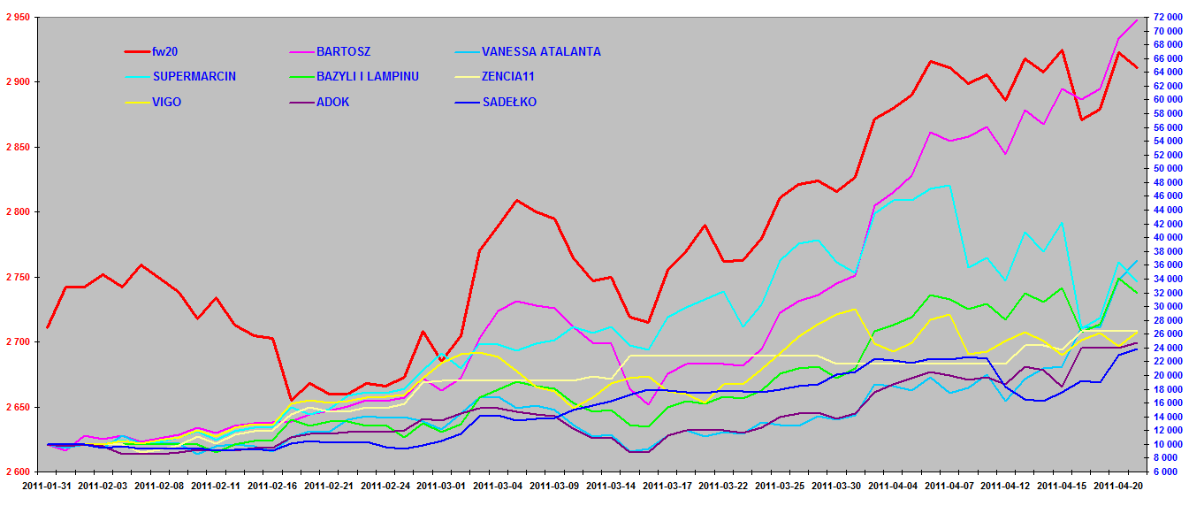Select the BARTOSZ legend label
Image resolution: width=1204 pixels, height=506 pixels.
click(x=346, y=52)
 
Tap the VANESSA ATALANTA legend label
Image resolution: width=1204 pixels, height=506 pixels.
click(x=540, y=52)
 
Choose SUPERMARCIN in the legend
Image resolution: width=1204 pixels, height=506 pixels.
click(x=194, y=77)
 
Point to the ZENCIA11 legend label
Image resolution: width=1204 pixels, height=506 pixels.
click(x=507, y=77)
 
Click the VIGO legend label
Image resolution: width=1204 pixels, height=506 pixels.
click(x=166, y=102)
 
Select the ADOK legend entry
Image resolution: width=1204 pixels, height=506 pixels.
click(x=332, y=102)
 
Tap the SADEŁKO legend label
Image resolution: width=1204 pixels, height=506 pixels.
click(x=508, y=102)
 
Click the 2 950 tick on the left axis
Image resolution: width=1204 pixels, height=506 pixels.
click(x=17, y=18)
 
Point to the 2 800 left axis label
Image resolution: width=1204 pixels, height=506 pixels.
click(x=17, y=212)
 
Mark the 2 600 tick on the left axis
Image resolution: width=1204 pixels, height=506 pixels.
click(x=17, y=471)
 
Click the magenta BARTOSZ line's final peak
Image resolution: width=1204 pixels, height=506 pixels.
click(x=1137, y=19)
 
